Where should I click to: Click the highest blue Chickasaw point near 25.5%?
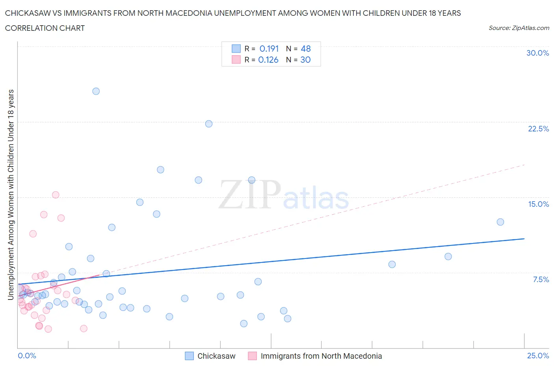96,91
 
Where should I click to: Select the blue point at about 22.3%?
209,124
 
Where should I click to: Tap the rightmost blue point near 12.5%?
500,222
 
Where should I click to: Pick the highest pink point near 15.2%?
56,195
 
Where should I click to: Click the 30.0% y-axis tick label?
537,53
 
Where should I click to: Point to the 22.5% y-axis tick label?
538,129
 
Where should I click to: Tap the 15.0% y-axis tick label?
538,204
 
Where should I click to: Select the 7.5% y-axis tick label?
541,279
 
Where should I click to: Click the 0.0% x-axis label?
27,356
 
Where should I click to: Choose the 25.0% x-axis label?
538,356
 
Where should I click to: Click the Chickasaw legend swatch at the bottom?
190,356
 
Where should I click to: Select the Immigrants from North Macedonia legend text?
321,356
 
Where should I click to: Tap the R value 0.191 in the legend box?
269,49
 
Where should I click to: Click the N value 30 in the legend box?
305,60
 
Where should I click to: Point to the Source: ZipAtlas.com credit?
519,28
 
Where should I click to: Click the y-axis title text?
11,195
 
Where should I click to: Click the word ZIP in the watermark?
249,194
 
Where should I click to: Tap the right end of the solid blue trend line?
524,239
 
